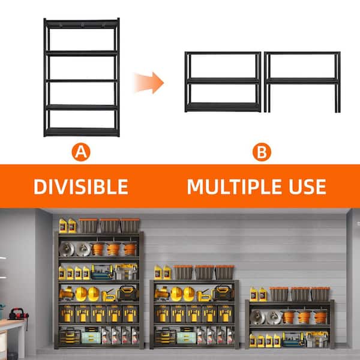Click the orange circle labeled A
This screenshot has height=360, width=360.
(x=81, y=152)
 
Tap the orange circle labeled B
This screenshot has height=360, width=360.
(x=261, y=152)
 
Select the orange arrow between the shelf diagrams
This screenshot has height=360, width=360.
(x=149, y=82)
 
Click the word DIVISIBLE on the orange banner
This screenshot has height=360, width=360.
(x=80, y=186)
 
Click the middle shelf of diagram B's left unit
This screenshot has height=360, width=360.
(x=223, y=80)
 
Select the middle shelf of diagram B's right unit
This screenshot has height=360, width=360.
(x=302, y=80)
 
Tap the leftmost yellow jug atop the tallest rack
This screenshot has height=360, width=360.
(x=63, y=226)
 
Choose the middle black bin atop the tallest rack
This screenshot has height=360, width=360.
(x=110, y=226)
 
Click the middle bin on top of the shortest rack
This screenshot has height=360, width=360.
(x=299, y=293)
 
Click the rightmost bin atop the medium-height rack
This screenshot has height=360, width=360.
(x=224, y=272)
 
